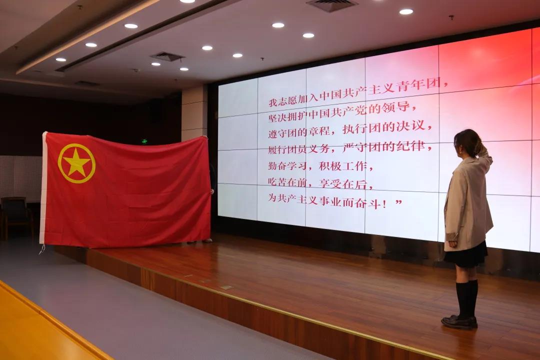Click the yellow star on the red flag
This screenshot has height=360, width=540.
tap(76, 163)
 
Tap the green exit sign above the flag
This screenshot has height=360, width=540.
tap(144, 141)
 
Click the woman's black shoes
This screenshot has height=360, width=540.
tap(459, 322)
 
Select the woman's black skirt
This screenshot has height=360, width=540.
tap(465, 255)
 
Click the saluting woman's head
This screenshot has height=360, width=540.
tap(467, 142)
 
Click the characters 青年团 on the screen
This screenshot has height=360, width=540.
tap(418, 85)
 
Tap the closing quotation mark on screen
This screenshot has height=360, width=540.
tap(398, 202)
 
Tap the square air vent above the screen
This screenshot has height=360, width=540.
tap(331, 5)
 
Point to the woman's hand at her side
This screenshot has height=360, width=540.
tap(452, 244)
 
